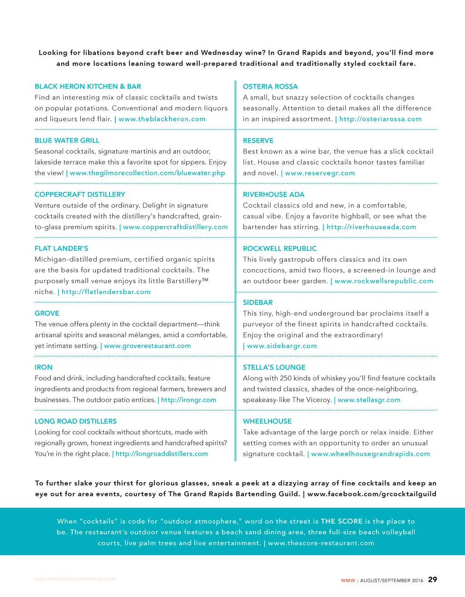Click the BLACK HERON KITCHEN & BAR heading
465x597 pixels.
[x=88, y=86]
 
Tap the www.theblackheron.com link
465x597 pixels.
[x=162, y=119]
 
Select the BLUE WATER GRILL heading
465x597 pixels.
[x=67, y=140]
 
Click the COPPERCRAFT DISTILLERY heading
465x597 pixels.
[x=79, y=194]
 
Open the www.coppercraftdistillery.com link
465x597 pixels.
[x=175, y=227]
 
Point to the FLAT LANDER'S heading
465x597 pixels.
[x=61, y=249]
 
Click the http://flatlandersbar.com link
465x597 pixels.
[x=106, y=292]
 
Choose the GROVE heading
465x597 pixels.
[x=47, y=313]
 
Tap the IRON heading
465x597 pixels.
[x=43, y=367]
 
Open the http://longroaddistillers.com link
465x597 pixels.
[x=162, y=454]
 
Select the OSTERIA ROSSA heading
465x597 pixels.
[x=270, y=86]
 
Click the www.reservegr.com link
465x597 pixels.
[x=320, y=173]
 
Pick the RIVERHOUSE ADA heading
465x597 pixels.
[x=273, y=194]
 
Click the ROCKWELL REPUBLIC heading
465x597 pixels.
[x=280, y=249]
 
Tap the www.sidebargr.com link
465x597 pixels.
[x=282, y=346]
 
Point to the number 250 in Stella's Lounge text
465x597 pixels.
[x=286, y=378]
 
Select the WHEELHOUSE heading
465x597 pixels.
[x=267, y=421]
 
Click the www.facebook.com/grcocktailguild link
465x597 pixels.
[x=371, y=494]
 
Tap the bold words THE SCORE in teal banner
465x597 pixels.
[x=341, y=522]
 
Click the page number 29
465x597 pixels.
[x=432, y=580]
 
